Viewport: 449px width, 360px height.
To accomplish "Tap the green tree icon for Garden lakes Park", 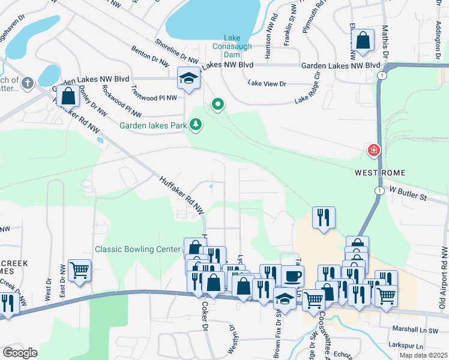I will pyautogui.click(x=196, y=125).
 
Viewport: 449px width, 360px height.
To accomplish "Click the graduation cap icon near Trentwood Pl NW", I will pyautogui.click(x=188, y=79).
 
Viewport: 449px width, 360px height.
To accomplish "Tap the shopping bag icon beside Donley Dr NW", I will pyautogui.click(x=68, y=95).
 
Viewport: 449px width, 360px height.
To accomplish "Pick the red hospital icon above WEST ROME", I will pyautogui.click(x=374, y=149).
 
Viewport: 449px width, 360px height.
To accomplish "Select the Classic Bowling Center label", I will pyautogui.click(x=137, y=249).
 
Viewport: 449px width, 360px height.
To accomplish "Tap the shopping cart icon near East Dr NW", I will pyautogui.click(x=79, y=271).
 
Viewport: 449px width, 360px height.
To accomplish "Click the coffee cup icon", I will pyautogui.click(x=292, y=276).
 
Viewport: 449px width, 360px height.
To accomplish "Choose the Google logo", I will pyautogui.click(x=20, y=353).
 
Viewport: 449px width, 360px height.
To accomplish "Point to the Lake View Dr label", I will pyautogui.click(x=267, y=85).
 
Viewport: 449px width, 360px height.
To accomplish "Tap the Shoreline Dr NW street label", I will pyautogui.click(x=176, y=52).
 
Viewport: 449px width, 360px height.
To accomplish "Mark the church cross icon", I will pyautogui.click(x=28, y=81).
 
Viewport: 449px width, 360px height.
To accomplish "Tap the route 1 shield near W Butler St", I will pyautogui.click(x=379, y=190).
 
